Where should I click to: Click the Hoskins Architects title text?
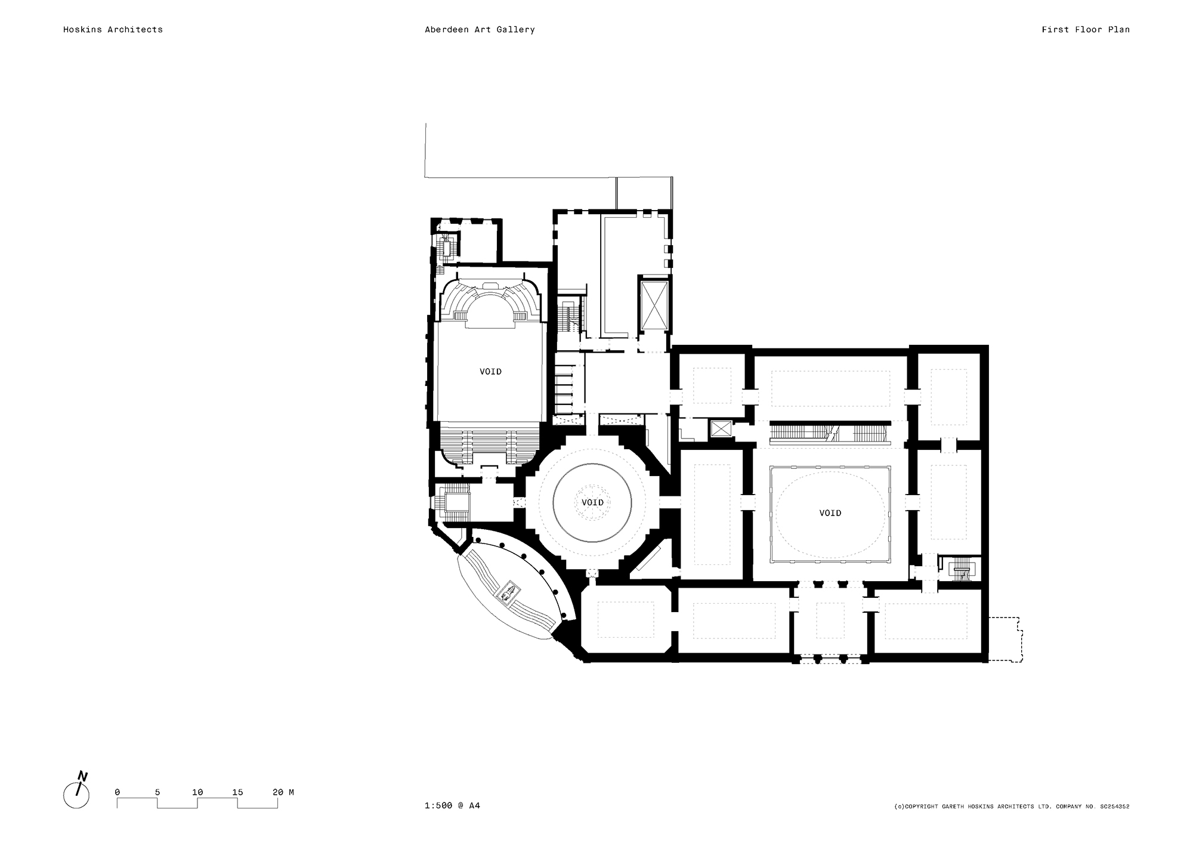[113, 29]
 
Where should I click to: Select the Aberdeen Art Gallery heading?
[479, 29]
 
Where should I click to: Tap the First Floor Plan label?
[1085, 29]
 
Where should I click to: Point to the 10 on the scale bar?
[197, 792]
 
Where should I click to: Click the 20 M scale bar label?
[283, 792]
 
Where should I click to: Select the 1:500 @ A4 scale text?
[452, 805]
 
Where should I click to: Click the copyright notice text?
[1011, 807]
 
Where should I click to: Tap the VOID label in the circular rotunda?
[592, 502]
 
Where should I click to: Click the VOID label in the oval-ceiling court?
[830, 513]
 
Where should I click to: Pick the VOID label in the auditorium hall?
[490, 372]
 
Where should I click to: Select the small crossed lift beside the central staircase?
[721, 429]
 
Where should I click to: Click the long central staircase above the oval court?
[829, 433]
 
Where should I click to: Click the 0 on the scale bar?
[117, 792]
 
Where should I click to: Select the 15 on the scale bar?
[237, 792]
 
